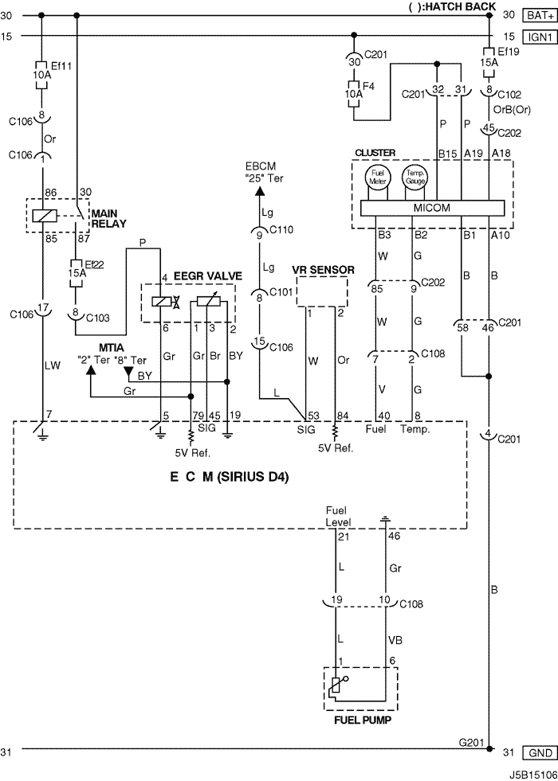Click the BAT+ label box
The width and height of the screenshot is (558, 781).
(539, 15)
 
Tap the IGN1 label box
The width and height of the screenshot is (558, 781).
(539, 37)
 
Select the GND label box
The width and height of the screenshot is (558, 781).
(539, 752)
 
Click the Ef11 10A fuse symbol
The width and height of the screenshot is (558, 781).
(41, 75)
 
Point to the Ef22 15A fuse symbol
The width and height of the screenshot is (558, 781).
(76, 273)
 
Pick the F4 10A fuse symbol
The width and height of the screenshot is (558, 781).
(354, 94)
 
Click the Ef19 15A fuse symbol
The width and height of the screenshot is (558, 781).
(489, 63)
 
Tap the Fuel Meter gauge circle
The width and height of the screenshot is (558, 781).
(378, 178)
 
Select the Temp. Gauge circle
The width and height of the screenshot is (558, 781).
(415, 178)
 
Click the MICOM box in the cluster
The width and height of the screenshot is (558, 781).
(432, 208)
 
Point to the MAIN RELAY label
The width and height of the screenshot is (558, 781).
(108, 219)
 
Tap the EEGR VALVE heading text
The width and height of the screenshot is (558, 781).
(207, 276)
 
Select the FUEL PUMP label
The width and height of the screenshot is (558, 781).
(363, 720)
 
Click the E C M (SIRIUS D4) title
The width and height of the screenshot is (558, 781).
(230, 477)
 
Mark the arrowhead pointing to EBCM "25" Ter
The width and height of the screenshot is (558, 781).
(259, 191)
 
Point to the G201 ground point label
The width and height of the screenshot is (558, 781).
(471, 743)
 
